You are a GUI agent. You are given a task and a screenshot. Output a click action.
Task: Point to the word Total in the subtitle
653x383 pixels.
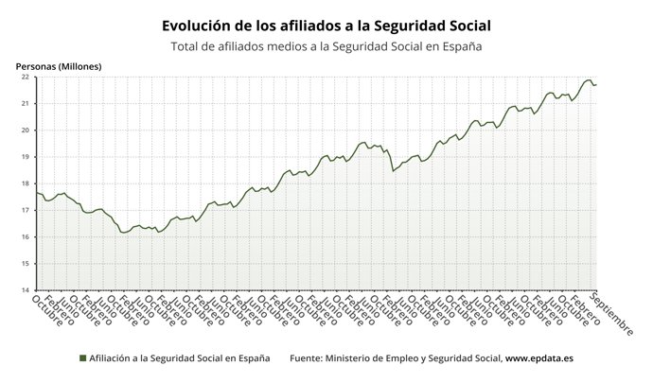coord(186,46)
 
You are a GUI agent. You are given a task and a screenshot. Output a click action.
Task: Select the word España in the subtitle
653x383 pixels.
coord(459,46)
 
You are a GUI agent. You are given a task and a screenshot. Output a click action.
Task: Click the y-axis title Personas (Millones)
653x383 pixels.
coord(58,66)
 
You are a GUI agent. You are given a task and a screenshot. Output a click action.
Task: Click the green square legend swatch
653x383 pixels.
coord(82,359)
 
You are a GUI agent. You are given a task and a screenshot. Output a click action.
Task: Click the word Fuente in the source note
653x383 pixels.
coord(305,359)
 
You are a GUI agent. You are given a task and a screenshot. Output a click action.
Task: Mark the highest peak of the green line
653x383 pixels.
coord(588,80)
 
